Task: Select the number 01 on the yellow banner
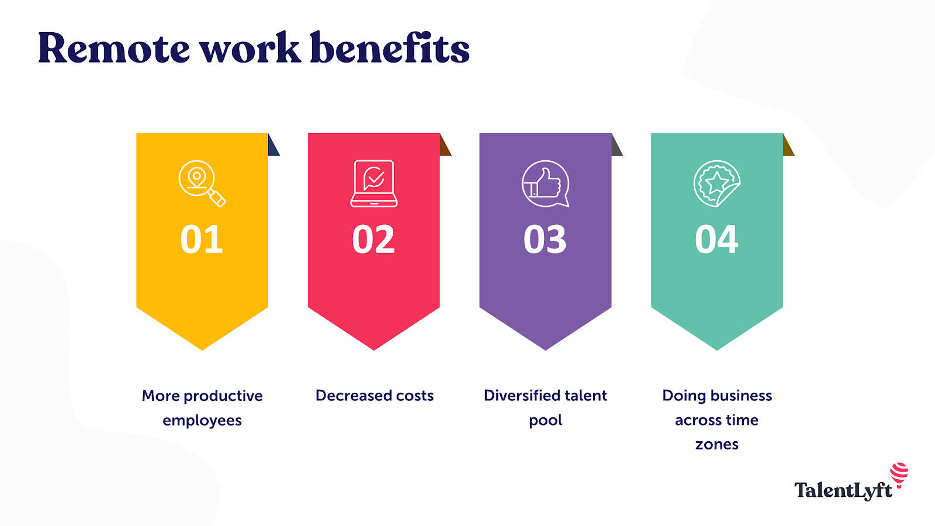click(x=202, y=240)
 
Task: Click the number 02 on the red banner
click(x=373, y=240)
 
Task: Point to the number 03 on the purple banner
click(x=545, y=240)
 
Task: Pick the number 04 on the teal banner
click(x=716, y=240)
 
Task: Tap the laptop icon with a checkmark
click(x=374, y=183)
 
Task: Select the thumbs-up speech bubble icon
click(x=545, y=184)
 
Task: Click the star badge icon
click(x=716, y=184)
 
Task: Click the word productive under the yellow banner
click(x=223, y=396)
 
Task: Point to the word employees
click(x=202, y=421)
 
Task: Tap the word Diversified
click(x=522, y=396)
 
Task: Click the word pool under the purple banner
click(x=545, y=421)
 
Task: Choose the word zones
click(x=717, y=445)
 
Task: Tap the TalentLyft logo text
click(x=843, y=490)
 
